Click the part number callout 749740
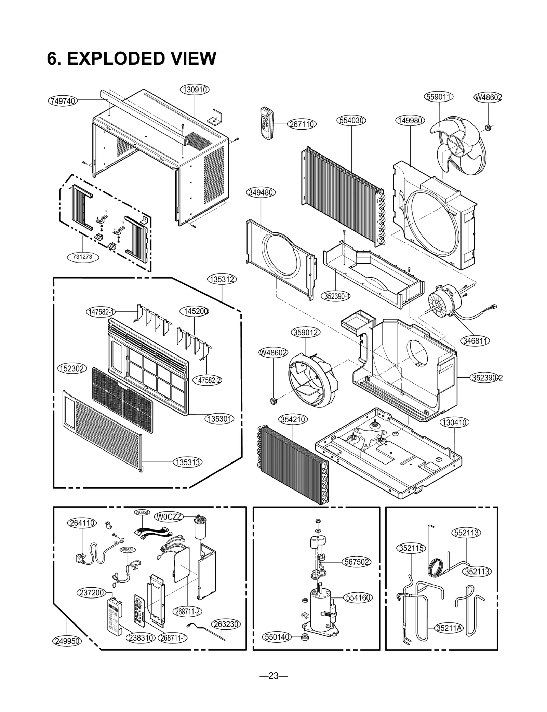click(63, 101)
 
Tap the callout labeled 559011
click(439, 97)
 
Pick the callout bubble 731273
click(82, 257)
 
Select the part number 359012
click(306, 332)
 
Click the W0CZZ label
click(169, 517)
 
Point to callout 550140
click(277, 637)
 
